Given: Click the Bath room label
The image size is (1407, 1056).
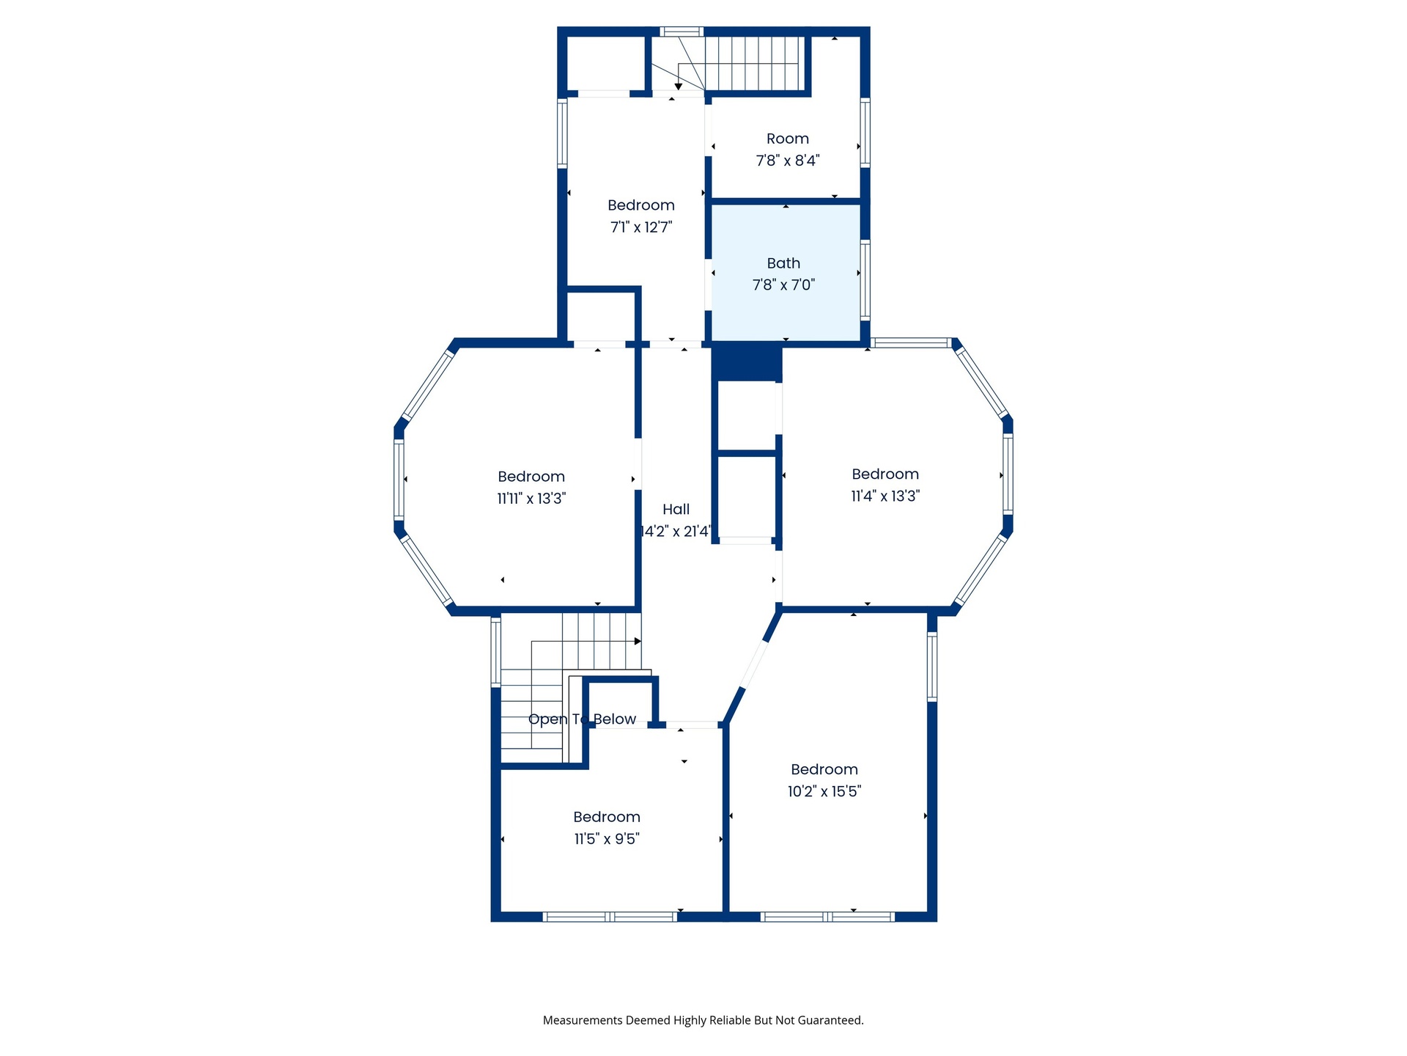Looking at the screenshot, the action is pyautogui.click(x=783, y=263).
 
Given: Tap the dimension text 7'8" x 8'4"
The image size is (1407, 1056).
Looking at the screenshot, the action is pyautogui.click(x=788, y=161).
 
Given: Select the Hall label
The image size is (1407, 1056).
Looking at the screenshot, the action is pyautogui.click(x=676, y=509).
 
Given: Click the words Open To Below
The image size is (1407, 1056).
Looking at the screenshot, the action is pyautogui.click(x=583, y=719).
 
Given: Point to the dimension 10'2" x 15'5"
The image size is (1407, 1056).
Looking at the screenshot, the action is pyautogui.click(x=824, y=791).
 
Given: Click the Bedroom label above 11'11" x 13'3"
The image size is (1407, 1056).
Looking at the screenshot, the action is pyautogui.click(x=531, y=477).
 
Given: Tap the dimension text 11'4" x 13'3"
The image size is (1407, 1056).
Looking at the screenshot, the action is pyautogui.click(x=885, y=496).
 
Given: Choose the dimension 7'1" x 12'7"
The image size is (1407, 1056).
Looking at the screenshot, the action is pyautogui.click(x=641, y=227).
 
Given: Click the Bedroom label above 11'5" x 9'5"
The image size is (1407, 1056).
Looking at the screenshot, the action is pyautogui.click(x=607, y=817).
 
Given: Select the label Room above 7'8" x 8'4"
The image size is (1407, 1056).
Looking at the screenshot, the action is pyautogui.click(x=788, y=139).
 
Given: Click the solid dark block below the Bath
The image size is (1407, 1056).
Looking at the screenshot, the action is pyautogui.click(x=747, y=363).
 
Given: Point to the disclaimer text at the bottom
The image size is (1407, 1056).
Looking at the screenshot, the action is pyautogui.click(x=703, y=1020).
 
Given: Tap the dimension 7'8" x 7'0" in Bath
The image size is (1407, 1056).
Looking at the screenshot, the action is pyautogui.click(x=783, y=285).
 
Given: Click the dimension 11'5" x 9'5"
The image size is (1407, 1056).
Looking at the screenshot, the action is pyautogui.click(x=607, y=839).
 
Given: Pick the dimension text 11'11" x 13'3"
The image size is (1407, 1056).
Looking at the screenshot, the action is pyautogui.click(x=531, y=499).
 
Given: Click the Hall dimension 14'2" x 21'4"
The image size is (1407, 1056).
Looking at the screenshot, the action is pyautogui.click(x=676, y=531).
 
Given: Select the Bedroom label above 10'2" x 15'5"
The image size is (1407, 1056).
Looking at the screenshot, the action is pyautogui.click(x=824, y=769).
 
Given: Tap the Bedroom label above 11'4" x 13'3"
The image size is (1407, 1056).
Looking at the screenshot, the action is pyautogui.click(x=885, y=474).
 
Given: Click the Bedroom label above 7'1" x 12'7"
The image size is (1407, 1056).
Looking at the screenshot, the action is pyautogui.click(x=641, y=205).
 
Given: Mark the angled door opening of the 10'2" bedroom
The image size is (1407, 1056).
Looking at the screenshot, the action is pyautogui.click(x=754, y=665).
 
